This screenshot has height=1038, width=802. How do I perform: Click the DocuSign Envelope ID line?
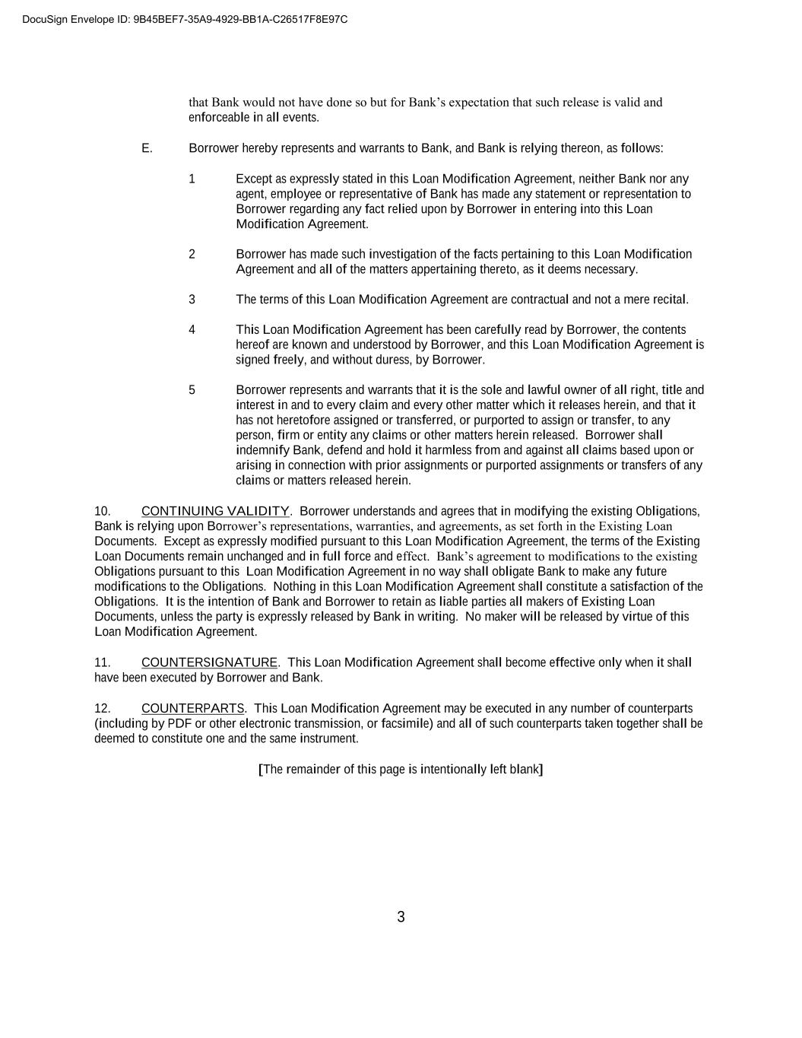click(185, 19)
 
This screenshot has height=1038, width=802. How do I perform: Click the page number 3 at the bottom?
click(401, 917)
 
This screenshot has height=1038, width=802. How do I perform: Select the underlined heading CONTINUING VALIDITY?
click(215, 511)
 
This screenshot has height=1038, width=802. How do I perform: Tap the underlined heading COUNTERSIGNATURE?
click(209, 662)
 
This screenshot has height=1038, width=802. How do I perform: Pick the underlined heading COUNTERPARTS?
click(193, 709)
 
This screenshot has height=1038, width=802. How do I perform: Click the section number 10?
click(103, 511)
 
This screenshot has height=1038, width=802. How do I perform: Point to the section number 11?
click(103, 662)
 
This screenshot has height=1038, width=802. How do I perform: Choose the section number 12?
click(103, 709)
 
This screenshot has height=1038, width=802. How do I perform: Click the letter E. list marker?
click(147, 148)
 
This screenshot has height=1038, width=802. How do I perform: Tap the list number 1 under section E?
click(192, 179)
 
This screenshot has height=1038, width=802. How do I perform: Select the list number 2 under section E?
click(192, 254)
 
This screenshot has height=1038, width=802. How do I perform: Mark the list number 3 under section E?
click(192, 300)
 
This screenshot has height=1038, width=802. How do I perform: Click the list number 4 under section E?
click(192, 329)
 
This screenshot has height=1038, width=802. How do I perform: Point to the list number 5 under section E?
click(192, 390)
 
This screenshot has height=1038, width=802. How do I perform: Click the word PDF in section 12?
click(179, 724)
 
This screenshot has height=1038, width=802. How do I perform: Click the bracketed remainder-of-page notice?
click(401, 770)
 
